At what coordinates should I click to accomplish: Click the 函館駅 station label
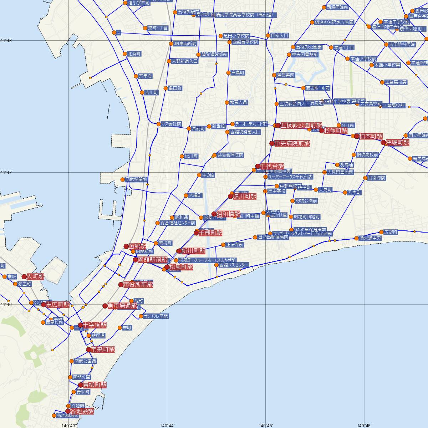pyautogui.click(x=137, y=246)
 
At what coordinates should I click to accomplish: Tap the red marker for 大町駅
pyautogui.click(x=24, y=276)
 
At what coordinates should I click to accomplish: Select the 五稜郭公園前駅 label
pyautogui.click(x=301, y=125)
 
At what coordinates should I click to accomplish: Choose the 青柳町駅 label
pyautogui.click(x=95, y=385)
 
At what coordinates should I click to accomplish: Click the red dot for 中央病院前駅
pyautogui.click(x=271, y=143)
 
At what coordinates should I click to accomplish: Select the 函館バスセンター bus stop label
pyautogui.click(x=234, y=265)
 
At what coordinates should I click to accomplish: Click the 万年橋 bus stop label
pyautogui.click(x=145, y=76)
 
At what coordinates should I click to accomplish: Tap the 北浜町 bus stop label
pyautogui.click(x=134, y=54)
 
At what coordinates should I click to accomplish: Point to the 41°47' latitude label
pyautogui.click(x=6, y=172)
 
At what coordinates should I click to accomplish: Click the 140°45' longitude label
pyautogui.click(x=266, y=425)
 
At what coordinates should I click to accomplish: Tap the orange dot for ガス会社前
pyautogui.click(x=158, y=124)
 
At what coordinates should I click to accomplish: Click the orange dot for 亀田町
pyautogui.click(x=165, y=88)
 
